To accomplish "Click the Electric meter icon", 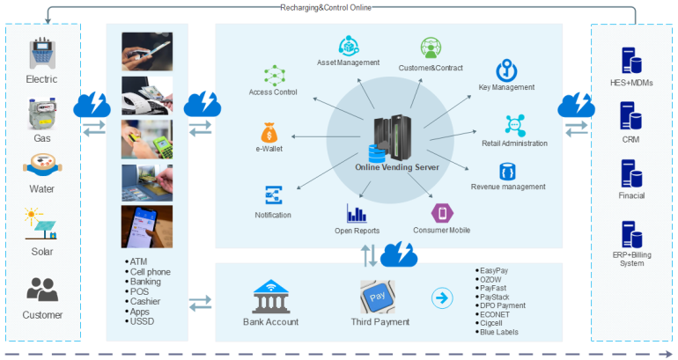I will coord(41,54).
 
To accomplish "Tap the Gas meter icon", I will coord(41,114).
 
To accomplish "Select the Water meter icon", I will coord(41,167).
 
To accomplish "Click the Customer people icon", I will coord(41,289).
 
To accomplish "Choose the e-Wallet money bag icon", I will coord(269,134).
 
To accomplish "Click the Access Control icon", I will coord(273,75).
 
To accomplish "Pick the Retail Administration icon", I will coord(514,125).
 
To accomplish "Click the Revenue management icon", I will coord(507,170).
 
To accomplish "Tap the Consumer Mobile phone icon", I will coord(439,214).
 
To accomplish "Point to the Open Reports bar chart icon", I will coord(356,213).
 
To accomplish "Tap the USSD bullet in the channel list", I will coord(141,323).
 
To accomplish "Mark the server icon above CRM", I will coord(629,117).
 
